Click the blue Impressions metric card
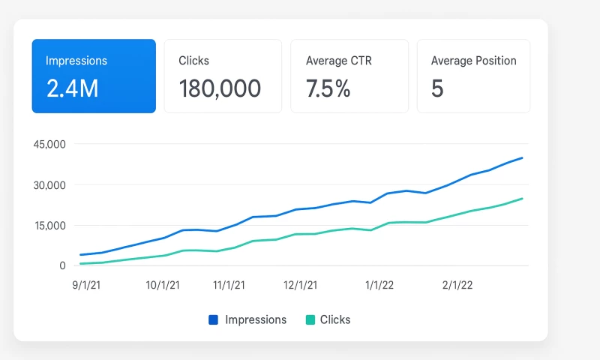click(x=94, y=76)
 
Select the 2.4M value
click(x=73, y=88)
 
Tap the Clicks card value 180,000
click(x=220, y=88)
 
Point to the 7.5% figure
click(x=328, y=88)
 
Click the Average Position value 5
click(x=437, y=88)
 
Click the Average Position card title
click(x=473, y=61)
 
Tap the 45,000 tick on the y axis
click(x=51, y=144)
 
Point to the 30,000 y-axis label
click(x=51, y=185)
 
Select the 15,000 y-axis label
click(x=51, y=226)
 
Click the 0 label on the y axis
click(x=63, y=265)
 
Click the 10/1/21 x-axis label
click(x=163, y=285)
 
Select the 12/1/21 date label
click(x=300, y=285)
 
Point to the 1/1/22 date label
click(x=379, y=285)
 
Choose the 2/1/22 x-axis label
click(x=457, y=285)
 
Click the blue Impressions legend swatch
click(x=214, y=319)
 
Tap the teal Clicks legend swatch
click(x=310, y=319)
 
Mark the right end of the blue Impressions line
click(x=522, y=157)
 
